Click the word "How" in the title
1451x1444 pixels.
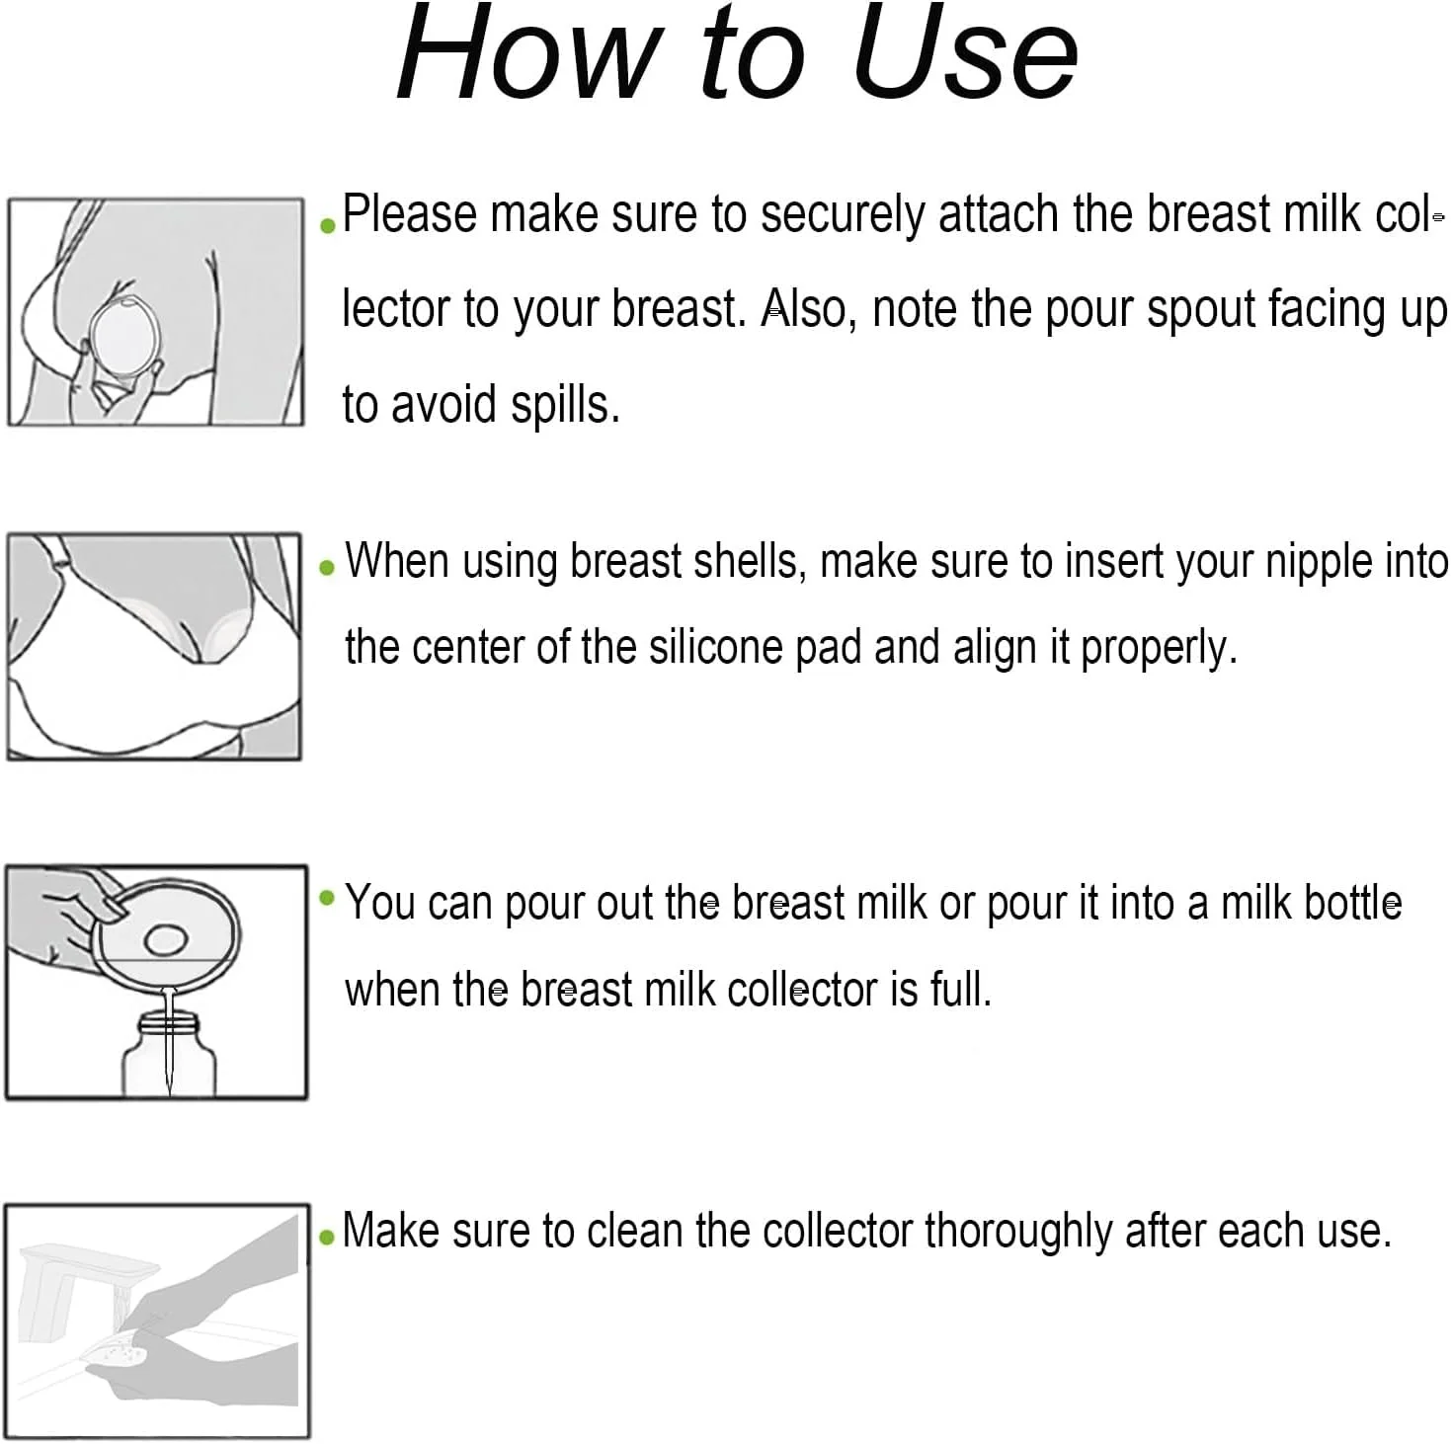point(525,51)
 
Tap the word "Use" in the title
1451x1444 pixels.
point(967,51)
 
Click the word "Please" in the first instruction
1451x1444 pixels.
point(410,215)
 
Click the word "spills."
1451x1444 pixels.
point(565,406)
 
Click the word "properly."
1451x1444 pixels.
point(1159,649)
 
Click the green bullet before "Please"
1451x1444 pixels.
point(327,225)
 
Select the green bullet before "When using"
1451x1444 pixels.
point(327,568)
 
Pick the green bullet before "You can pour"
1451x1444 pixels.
point(327,897)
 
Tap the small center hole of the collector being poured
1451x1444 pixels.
point(166,940)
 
